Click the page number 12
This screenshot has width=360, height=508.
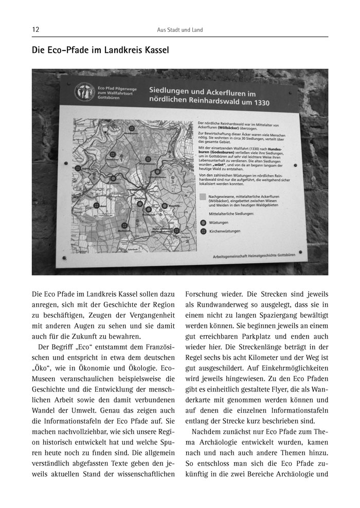(x=35, y=30)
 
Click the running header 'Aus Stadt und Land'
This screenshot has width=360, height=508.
(x=180, y=30)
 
